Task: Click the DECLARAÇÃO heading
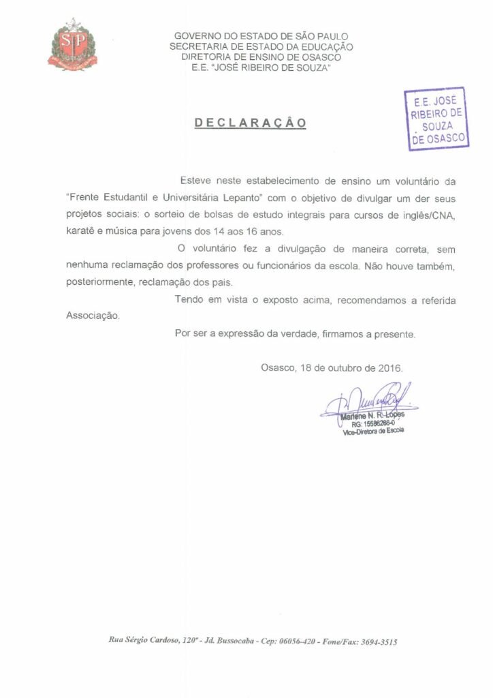click(251, 123)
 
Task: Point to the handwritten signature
click(368, 400)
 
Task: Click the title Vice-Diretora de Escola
click(372, 431)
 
